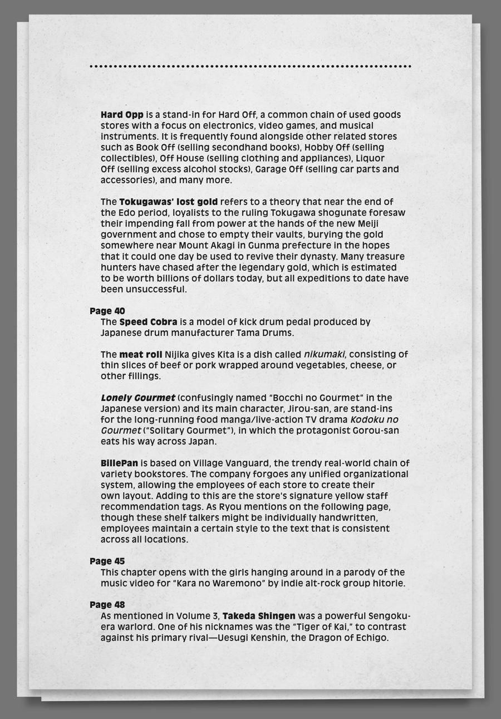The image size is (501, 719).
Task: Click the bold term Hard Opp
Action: tap(122, 115)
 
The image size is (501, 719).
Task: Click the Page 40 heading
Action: tap(107, 311)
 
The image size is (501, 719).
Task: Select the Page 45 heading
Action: tap(107, 561)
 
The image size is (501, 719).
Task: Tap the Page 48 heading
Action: tap(107, 604)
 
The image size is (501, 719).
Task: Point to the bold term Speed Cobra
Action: tap(148, 322)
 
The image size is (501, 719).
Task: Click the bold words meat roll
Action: tap(140, 354)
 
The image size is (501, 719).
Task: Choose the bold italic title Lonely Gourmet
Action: tap(137, 398)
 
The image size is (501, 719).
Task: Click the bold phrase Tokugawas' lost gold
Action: tap(168, 202)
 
